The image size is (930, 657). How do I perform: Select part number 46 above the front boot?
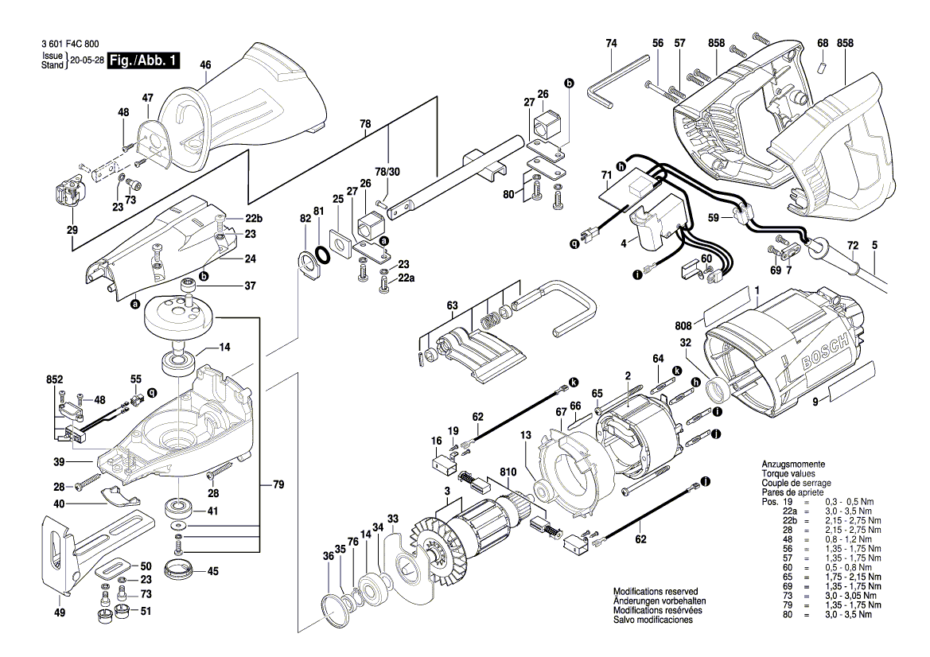[205, 65]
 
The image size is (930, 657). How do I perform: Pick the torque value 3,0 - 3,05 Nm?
[852, 596]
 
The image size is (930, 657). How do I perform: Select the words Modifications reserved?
[655, 593]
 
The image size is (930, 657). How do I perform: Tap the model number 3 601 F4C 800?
[69, 46]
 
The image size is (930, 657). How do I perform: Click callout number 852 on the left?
[54, 382]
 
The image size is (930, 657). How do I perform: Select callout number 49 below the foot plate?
[60, 612]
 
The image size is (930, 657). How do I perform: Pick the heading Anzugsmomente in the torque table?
[792, 464]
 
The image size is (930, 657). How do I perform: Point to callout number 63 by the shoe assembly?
[452, 305]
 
